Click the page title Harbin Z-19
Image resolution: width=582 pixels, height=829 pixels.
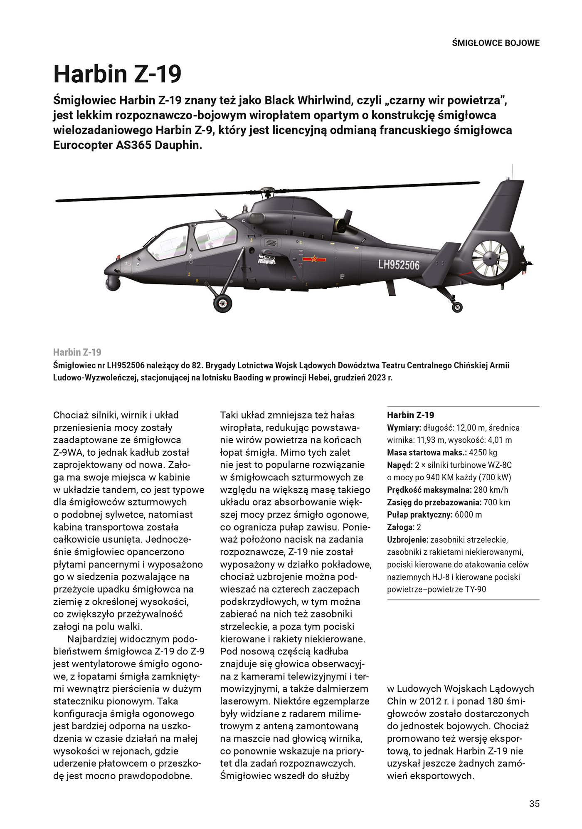[118, 74]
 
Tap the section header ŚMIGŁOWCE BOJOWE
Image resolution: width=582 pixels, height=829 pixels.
[496, 43]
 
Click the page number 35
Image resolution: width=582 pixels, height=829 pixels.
[534, 804]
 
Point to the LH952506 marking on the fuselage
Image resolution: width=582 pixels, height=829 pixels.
[399, 265]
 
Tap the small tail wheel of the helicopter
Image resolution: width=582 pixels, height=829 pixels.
[457, 307]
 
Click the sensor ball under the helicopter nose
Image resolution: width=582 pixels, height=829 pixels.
[113, 283]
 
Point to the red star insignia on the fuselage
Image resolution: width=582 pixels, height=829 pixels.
[314, 259]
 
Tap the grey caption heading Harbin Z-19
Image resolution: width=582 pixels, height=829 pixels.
[77, 353]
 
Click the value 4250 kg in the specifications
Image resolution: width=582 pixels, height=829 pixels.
[483, 452]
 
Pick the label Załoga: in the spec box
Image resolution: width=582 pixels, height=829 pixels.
[401, 527]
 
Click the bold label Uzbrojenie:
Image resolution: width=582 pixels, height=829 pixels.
[407, 540]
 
